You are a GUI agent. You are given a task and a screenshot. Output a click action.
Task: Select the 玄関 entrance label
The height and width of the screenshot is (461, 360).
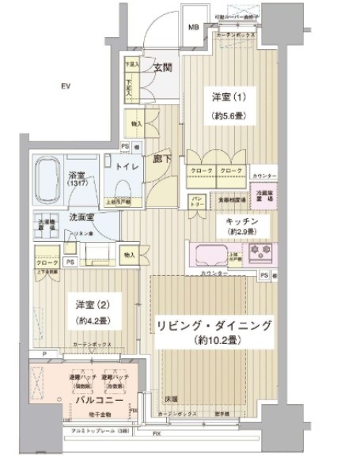coord(164,68)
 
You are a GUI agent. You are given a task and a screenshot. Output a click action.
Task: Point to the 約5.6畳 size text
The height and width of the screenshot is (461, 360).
coord(225,115)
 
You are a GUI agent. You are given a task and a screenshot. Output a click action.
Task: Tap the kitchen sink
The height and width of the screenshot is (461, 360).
coord(207,255)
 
